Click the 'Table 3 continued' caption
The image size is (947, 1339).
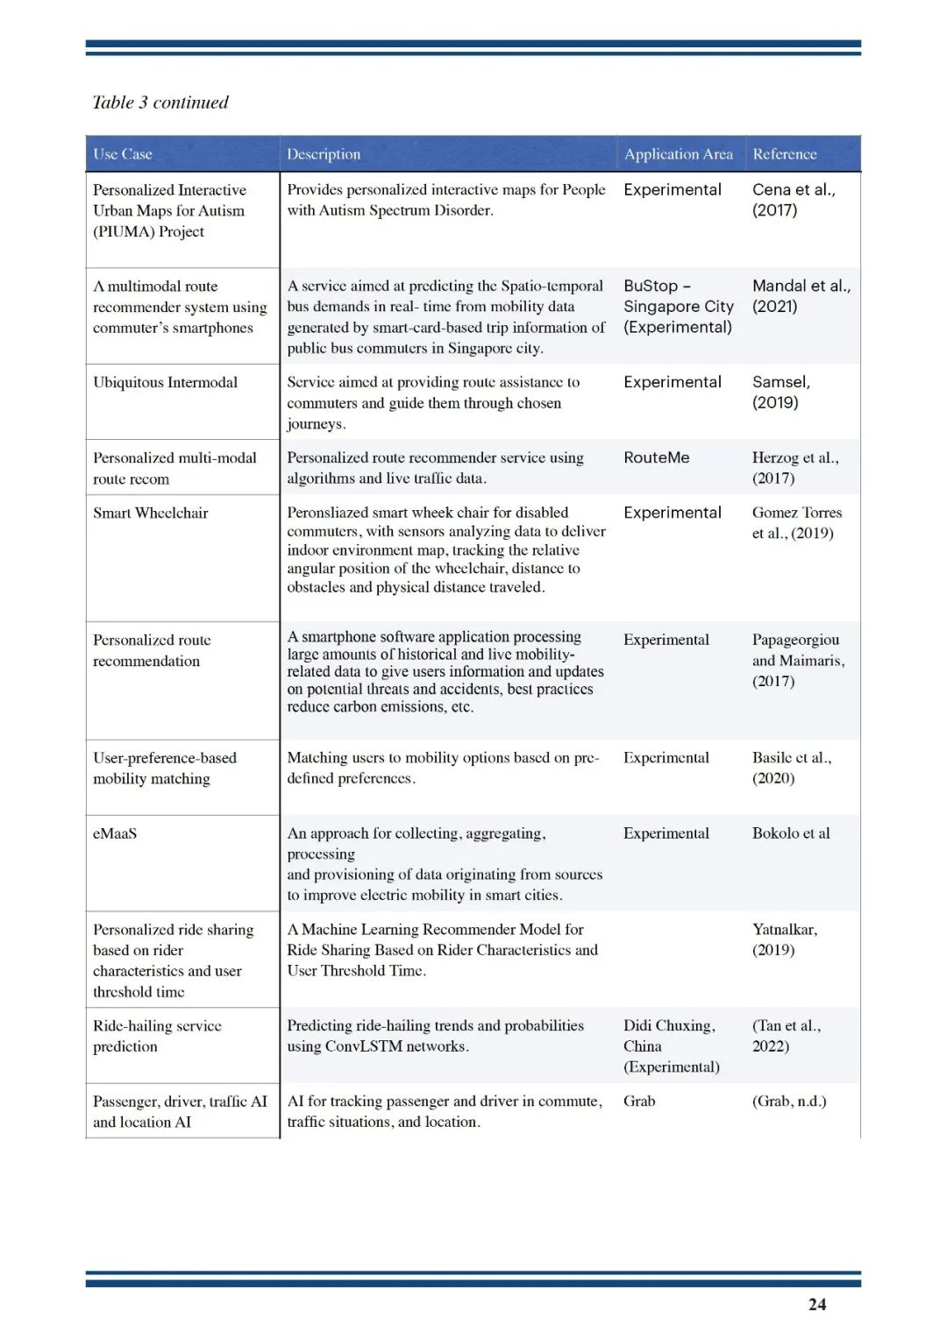click(x=160, y=103)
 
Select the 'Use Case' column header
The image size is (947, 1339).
click(x=123, y=154)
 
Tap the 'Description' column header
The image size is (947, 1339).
click(x=324, y=154)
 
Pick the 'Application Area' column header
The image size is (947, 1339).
click(x=679, y=154)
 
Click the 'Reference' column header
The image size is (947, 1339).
click(x=785, y=154)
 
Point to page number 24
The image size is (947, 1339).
click(x=817, y=1304)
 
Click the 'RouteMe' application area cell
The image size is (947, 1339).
click(x=657, y=457)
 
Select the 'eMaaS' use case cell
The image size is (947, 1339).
click(x=115, y=833)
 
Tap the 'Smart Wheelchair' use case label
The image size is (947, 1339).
click(x=151, y=513)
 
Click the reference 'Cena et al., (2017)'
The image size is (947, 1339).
click(x=794, y=200)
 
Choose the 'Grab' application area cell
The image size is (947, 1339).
click(x=639, y=1101)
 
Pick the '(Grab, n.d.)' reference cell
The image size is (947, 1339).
click(x=789, y=1101)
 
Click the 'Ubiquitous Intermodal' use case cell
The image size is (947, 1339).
click(x=166, y=382)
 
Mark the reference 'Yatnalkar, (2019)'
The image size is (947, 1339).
click(x=784, y=939)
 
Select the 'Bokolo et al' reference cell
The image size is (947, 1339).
click(x=791, y=833)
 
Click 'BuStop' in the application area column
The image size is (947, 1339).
click(x=651, y=286)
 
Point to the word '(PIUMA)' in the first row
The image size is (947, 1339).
click(x=124, y=231)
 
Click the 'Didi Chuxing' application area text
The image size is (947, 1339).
click(x=668, y=1025)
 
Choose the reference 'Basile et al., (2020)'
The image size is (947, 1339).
click(x=791, y=768)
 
